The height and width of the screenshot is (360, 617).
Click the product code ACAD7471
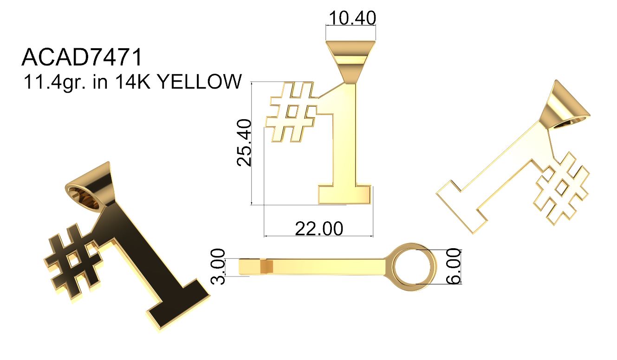[x=82, y=57]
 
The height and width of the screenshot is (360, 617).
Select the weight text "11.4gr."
[x=54, y=82]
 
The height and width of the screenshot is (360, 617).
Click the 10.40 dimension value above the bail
[x=352, y=18]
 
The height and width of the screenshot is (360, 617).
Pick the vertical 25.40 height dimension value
[x=244, y=142]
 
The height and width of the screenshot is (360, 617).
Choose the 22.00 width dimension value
[x=319, y=229]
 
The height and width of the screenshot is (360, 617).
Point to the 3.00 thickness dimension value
[x=218, y=266]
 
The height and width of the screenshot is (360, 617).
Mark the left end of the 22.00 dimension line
[x=264, y=236]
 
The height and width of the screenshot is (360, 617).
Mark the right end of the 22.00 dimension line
[x=373, y=236]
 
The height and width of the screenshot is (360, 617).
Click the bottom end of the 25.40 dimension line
[x=252, y=205]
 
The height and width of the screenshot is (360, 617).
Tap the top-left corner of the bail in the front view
[x=326, y=41]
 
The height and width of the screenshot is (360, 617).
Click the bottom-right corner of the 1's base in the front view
[x=371, y=204]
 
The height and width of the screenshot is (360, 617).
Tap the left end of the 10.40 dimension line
[x=326, y=26]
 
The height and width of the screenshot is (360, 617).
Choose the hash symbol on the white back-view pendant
[x=562, y=189]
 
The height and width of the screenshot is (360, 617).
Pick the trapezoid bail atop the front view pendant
[x=351, y=62]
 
